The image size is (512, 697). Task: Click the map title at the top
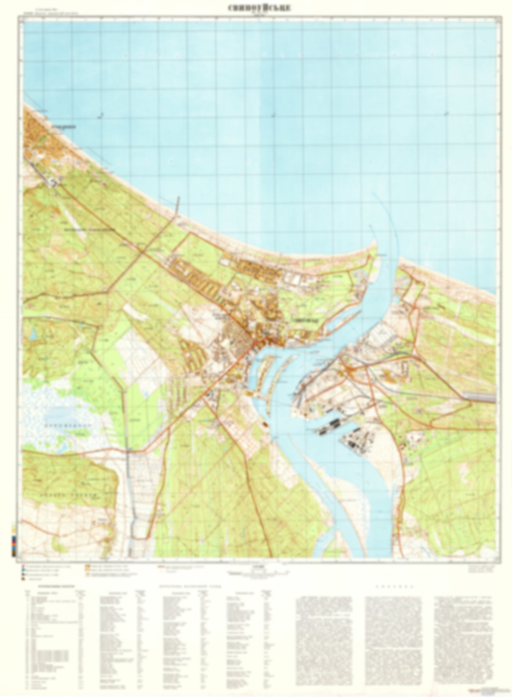[x=259, y=8]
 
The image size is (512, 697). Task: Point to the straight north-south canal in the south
[x=133, y=503]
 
